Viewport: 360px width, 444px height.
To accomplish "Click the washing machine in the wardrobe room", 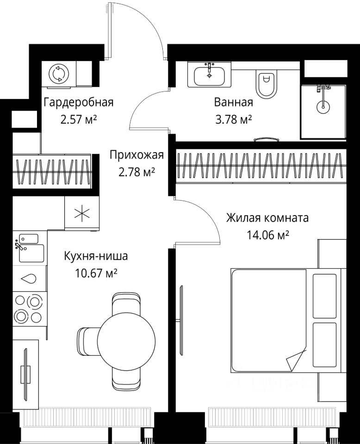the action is (59, 74).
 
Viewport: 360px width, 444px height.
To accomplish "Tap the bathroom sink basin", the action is (210, 75).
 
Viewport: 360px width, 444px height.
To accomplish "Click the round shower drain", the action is (323, 107).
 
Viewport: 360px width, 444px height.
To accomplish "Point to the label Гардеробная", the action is (79, 102).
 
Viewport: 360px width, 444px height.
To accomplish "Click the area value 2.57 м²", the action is (79, 120).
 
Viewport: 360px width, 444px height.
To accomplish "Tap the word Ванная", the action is (233, 102).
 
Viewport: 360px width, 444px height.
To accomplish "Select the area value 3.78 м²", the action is (234, 120).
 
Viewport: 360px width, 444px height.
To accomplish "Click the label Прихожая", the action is (137, 155).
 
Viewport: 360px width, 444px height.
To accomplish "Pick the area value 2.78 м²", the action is (137, 172).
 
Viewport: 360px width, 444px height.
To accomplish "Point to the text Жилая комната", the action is (267, 218).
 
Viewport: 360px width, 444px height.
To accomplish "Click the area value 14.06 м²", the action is (267, 235).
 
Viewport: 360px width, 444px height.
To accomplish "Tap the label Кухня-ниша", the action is (96, 256).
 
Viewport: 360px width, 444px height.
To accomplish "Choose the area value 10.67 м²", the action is (96, 273).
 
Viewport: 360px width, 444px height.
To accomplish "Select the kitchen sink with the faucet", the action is (29, 247).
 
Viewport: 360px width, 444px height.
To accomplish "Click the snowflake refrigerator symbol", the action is (82, 213).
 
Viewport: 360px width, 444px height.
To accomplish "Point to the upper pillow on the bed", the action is (325, 296).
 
